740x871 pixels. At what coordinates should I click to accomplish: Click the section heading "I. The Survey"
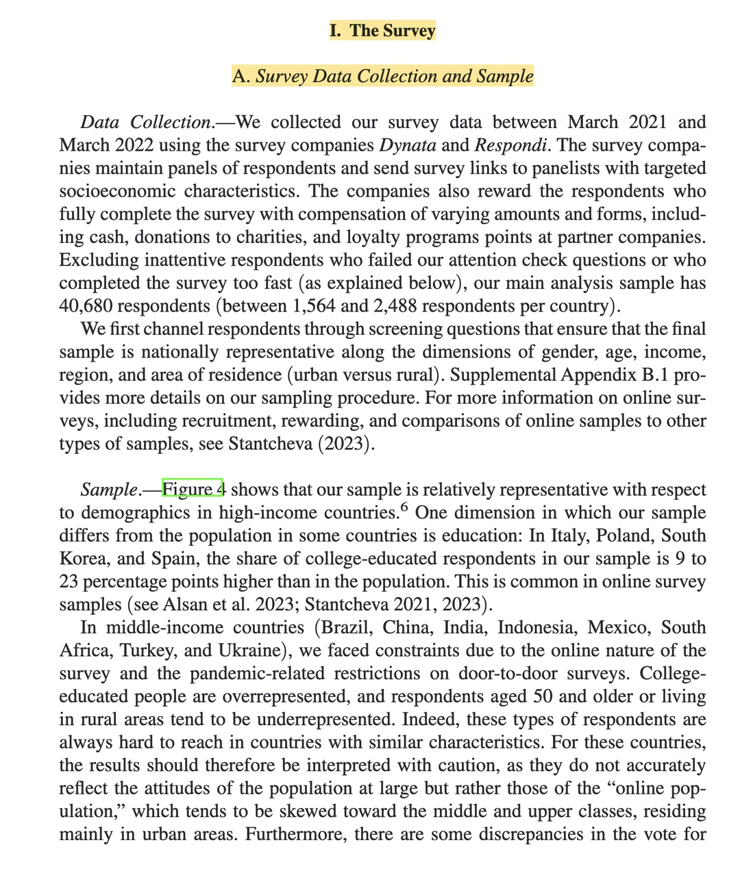click(382, 31)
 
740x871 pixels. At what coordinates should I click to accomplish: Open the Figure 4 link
click(193, 490)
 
